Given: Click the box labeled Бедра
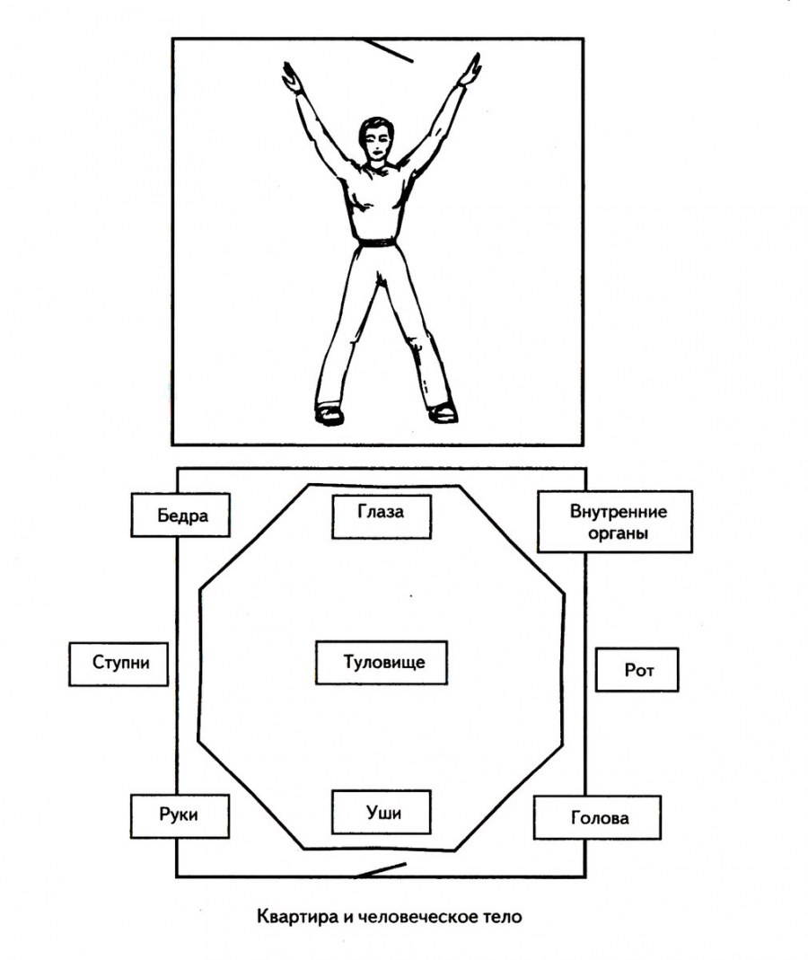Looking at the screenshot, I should (180, 515).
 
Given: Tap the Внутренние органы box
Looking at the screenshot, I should (615, 521).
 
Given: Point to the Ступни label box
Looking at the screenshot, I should (119, 665).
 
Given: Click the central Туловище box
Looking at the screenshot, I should (382, 663).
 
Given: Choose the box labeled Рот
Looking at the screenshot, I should (637, 670).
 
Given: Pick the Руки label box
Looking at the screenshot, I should (180, 815).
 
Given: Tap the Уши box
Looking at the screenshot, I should (382, 812).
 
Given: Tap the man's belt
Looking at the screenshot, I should (377, 242).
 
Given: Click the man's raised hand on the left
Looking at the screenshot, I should (292, 77).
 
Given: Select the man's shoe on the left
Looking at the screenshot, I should (329, 414).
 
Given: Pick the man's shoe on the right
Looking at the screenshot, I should (442, 412).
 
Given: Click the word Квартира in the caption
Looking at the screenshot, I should (289, 918).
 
